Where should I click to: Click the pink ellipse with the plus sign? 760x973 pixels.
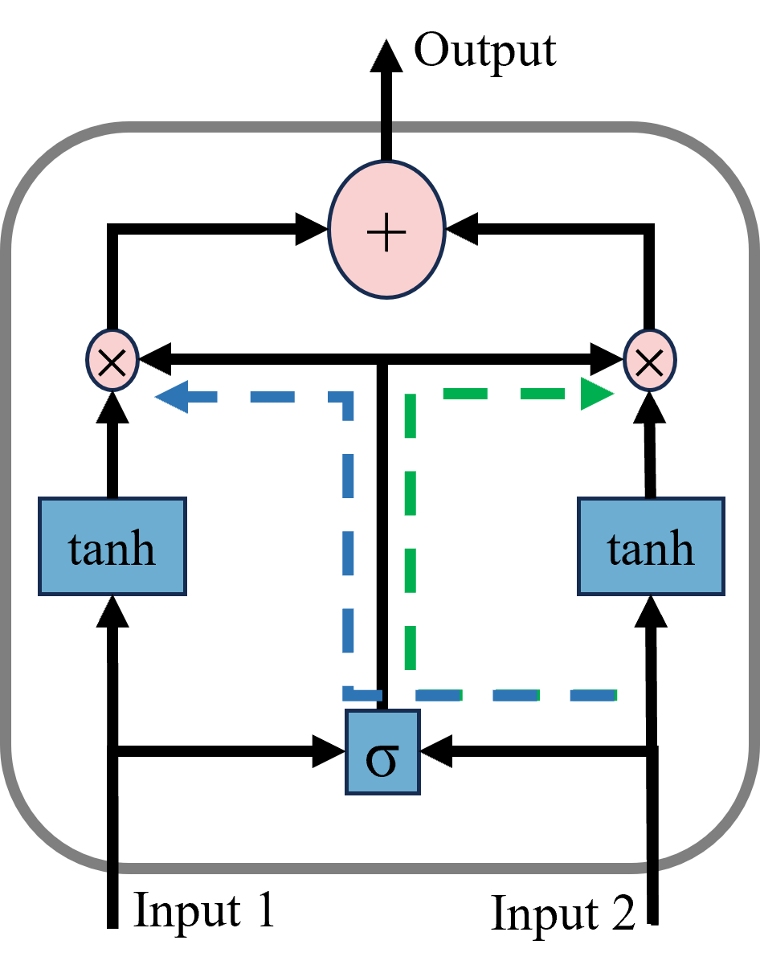(386, 230)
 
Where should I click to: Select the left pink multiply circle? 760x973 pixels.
(112, 361)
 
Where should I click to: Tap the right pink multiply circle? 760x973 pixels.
(649, 361)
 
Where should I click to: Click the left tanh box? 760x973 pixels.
(112, 546)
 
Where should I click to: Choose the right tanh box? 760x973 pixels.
(651, 546)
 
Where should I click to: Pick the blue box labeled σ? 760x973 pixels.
(382, 752)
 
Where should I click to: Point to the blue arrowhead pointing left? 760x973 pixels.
(170, 396)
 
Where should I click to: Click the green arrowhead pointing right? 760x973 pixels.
(596, 394)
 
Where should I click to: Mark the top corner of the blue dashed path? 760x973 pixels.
(348, 397)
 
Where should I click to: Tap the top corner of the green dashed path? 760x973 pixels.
(411, 394)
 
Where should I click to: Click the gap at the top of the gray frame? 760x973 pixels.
(386, 127)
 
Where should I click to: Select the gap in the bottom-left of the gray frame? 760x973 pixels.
(113, 867)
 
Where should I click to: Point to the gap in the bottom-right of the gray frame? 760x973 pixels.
(652, 866)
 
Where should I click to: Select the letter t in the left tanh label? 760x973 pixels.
(76, 550)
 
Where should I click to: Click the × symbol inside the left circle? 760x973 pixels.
(112, 362)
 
